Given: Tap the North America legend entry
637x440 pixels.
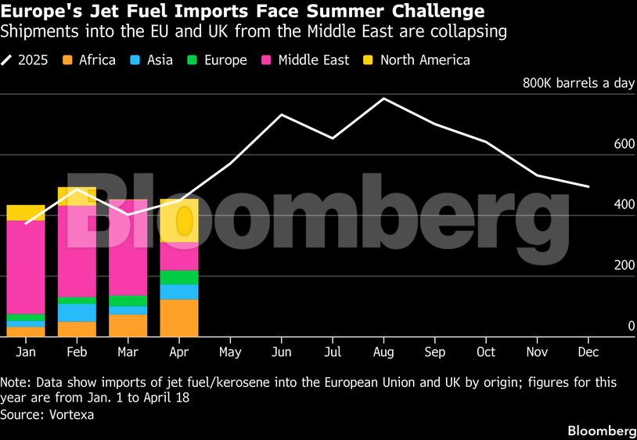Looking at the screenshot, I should click(416, 60).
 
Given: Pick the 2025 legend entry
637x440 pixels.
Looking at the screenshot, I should click(25, 60).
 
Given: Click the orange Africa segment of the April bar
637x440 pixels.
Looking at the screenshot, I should click(179, 318).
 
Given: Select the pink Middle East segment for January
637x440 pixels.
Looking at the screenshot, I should click(26, 266).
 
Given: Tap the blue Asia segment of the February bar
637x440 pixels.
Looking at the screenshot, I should click(77, 312).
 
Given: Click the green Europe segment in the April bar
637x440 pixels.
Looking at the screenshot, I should click(179, 277).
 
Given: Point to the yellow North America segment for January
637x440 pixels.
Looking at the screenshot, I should click(26, 212).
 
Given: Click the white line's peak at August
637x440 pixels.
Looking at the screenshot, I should click(383, 99).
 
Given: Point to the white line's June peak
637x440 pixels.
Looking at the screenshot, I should click(281, 115).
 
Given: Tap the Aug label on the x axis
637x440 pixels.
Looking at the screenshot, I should click(383, 352).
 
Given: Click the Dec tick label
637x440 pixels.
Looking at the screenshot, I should click(588, 352).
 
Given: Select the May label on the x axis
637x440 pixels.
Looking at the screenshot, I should click(230, 352).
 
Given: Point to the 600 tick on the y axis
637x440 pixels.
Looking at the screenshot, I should click(623, 144).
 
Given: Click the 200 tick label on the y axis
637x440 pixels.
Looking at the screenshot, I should click(623, 265).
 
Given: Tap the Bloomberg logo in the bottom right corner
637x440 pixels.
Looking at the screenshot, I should click(601, 431).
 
